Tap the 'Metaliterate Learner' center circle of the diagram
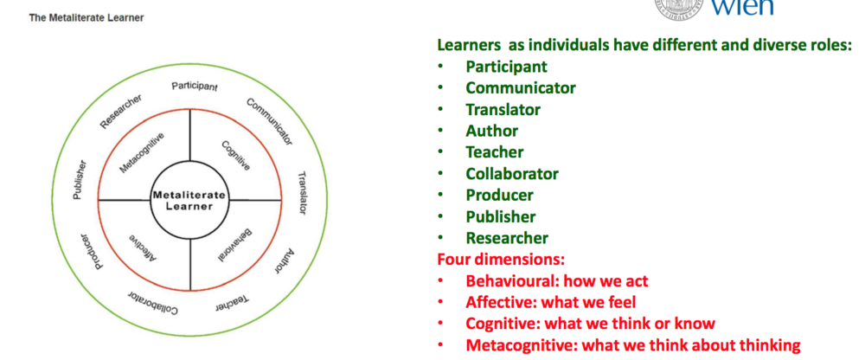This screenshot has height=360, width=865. click(x=189, y=200)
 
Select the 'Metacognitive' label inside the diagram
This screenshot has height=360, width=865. click(x=142, y=152)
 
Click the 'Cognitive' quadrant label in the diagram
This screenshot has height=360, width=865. click(x=235, y=155)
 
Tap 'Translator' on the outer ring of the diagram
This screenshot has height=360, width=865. click(x=303, y=191)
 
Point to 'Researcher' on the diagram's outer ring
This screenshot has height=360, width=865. click(x=120, y=110)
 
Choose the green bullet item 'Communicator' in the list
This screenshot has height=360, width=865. click(x=520, y=87)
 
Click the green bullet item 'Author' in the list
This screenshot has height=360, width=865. click(x=491, y=131)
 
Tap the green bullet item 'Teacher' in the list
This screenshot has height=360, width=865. click(x=494, y=152)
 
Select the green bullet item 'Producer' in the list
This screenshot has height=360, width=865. click(x=499, y=195)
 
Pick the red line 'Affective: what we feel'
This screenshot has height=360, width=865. click(x=551, y=302)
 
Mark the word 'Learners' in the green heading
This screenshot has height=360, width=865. click(x=470, y=44)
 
